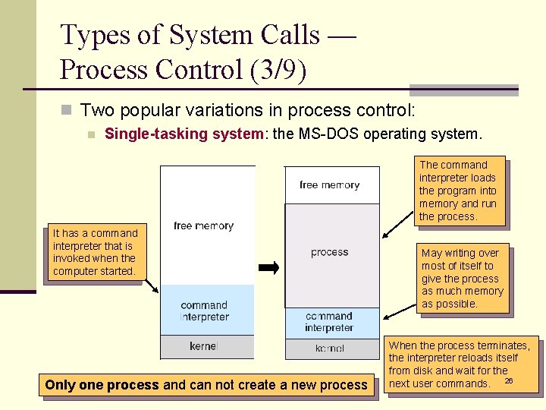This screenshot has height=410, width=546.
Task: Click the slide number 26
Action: pyautogui.click(x=509, y=380)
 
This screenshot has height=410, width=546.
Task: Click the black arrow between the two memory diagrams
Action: pyautogui.click(x=269, y=267)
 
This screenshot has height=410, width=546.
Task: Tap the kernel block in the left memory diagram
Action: pyautogui.click(x=203, y=347)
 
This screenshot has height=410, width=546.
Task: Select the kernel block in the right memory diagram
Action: pyautogui.click(x=330, y=348)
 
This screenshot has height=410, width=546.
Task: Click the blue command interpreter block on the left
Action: pyautogui.click(x=205, y=310)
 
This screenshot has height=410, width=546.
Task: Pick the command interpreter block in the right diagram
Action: pyautogui.click(x=330, y=322)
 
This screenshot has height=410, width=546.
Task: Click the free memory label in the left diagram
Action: pyautogui.click(x=203, y=225)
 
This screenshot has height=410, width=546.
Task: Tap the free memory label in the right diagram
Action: pyautogui.click(x=330, y=185)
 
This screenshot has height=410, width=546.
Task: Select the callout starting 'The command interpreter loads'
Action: pyautogui.click(x=458, y=191)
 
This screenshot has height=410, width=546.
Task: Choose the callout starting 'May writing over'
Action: pyautogui.click(x=463, y=279)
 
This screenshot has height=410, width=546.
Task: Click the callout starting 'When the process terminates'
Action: pyautogui.click(x=462, y=364)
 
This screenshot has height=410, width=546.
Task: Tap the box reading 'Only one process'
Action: pyautogui.click(x=206, y=385)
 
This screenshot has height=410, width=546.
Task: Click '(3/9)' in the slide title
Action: pyautogui.click(x=277, y=70)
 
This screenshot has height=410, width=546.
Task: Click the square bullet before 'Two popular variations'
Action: pyautogui.click(x=66, y=111)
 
